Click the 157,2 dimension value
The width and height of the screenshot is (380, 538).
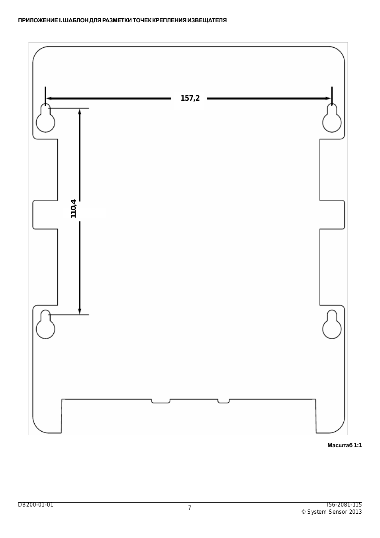[190, 98]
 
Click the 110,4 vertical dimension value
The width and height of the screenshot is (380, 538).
[73, 209]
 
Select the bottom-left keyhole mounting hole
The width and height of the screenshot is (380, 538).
[46, 325]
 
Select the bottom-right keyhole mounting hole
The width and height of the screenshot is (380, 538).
[332, 325]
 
